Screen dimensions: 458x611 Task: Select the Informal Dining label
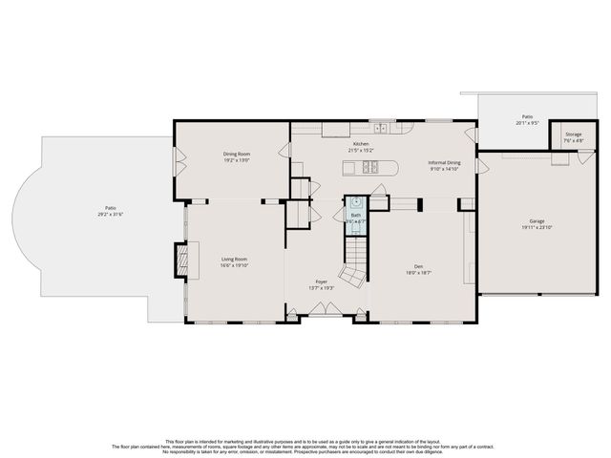[444, 162]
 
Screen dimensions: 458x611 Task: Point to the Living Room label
[235, 260]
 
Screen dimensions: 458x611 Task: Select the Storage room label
[573, 135]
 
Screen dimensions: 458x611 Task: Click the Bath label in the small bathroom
[355, 216]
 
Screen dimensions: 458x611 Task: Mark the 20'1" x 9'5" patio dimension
[528, 122]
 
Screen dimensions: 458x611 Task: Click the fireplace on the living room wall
[179, 260]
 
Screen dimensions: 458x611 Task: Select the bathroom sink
[356, 202]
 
